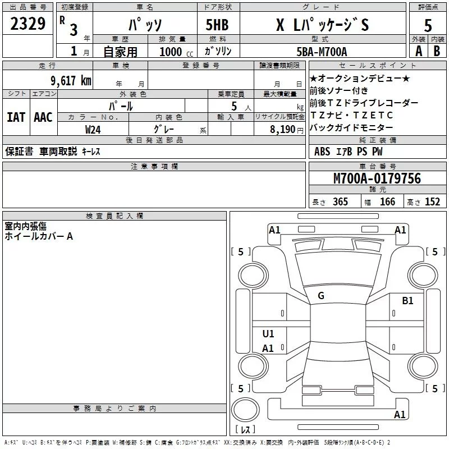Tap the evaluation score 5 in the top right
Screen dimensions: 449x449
pos(428,25)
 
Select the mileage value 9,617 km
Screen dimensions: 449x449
pos(70,81)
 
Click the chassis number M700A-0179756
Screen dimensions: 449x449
pos(377,178)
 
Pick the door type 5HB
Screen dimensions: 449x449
pos(217,25)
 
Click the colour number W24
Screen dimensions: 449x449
pos(93,129)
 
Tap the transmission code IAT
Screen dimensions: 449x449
pos(16,117)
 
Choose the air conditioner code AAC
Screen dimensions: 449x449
pos(43,117)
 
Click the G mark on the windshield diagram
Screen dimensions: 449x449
pos(321,296)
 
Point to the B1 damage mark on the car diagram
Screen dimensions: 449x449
pos(407,301)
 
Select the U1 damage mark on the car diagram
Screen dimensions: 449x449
pos(268,334)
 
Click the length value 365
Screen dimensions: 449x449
pos(338,201)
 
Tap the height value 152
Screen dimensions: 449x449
pos(432,201)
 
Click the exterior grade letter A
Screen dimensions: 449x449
pos(418,52)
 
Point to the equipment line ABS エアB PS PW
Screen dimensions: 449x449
pos(350,152)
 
